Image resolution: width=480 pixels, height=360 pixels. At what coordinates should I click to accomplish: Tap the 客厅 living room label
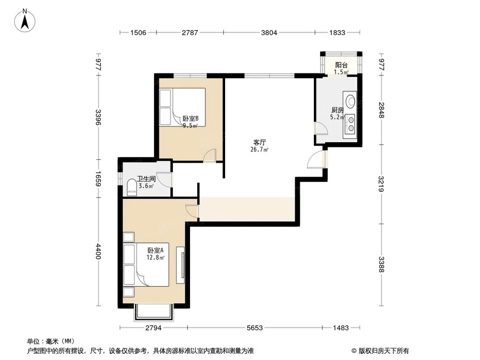click(260, 142)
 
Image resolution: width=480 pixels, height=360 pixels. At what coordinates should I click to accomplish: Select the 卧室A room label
click(156, 250)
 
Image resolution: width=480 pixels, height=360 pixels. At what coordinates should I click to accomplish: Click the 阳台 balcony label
click(341, 65)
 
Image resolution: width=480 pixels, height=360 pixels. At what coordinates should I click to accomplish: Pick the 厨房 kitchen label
click(337, 109)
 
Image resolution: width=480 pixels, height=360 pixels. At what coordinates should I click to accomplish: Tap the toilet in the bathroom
click(132, 188)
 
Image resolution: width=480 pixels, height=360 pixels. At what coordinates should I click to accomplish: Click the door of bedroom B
click(209, 156)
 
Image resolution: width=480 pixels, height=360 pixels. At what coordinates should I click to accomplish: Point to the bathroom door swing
click(165, 179)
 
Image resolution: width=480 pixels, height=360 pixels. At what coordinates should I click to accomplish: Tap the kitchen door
click(320, 129)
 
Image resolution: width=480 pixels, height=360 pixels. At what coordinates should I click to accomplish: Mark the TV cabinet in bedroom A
click(181, 265)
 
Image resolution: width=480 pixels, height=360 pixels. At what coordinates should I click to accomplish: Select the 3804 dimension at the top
click(269, 33)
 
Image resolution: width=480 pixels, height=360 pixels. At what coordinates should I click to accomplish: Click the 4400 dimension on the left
click(98, 252)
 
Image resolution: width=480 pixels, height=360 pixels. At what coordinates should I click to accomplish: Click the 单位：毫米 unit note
click(47, 341)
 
